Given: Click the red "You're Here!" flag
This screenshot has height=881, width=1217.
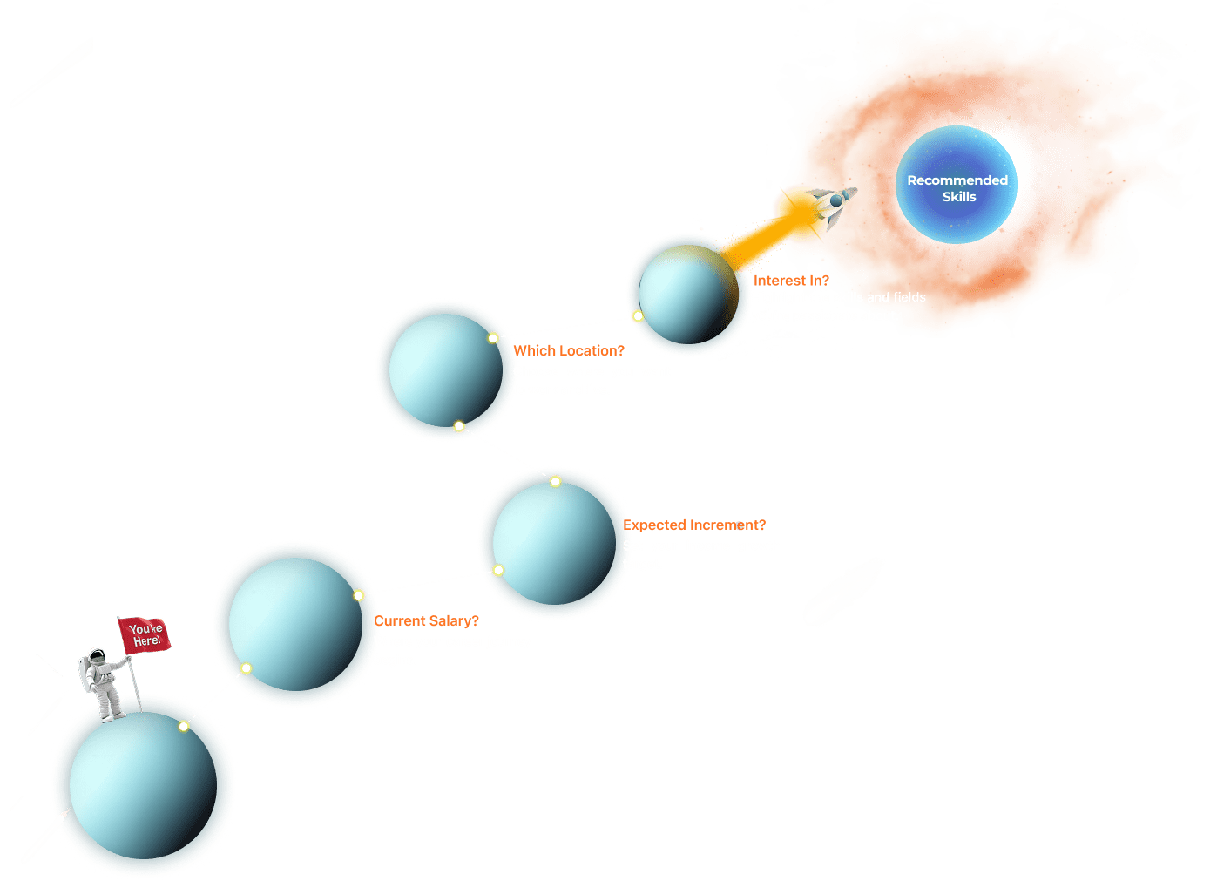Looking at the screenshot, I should (x=145, y=634).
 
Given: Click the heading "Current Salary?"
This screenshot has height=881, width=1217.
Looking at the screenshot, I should (x=427, y=620).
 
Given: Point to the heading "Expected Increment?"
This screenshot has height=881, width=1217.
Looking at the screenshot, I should (x=695, y=525).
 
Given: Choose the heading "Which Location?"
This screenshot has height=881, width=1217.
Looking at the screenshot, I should (x=569, y=350).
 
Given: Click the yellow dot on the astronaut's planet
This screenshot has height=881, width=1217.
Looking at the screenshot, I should (x=184, y=726).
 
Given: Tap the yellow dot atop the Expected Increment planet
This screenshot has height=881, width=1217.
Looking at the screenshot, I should (x=556, y=481).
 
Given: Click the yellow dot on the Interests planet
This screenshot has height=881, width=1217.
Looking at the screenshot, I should (x=638, y=316).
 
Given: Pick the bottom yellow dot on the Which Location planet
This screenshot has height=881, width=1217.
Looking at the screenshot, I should (x=459, y=426).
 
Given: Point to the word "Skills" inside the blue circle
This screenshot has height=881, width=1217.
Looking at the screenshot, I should (x=959, y=197).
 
